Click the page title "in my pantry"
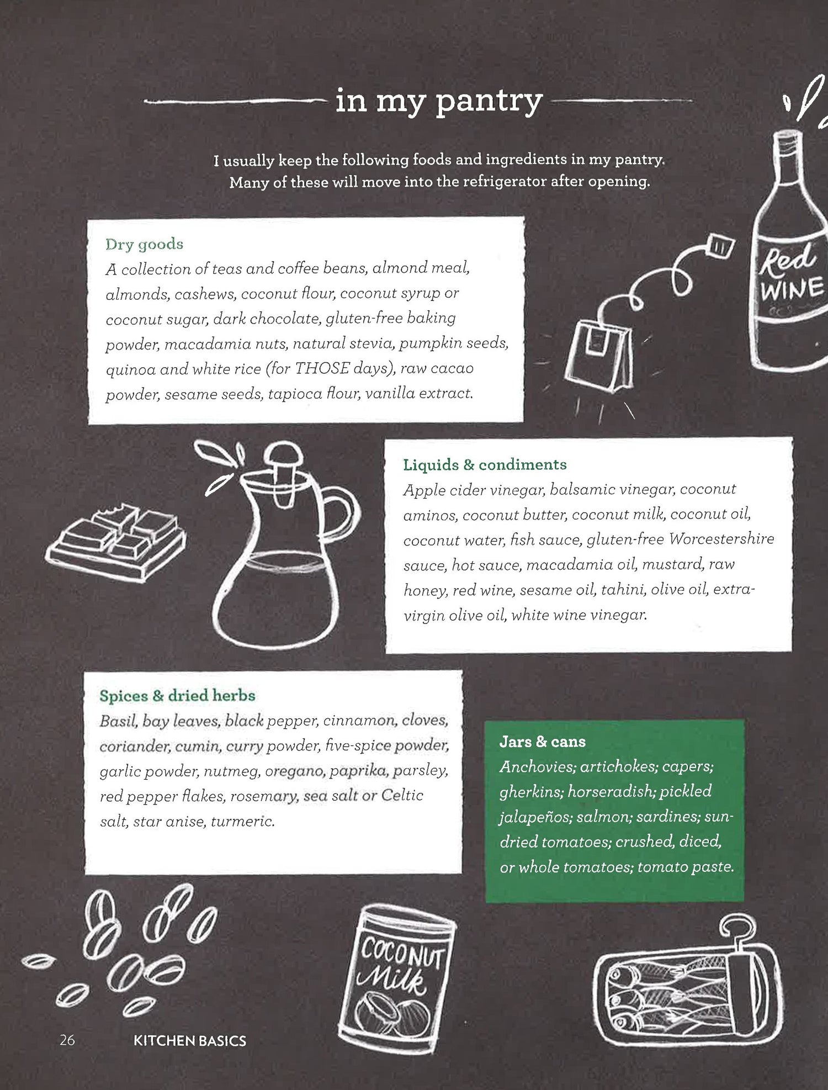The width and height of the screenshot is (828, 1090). click(x=439, y=102)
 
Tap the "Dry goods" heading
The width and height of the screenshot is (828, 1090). click(x=144, y=244)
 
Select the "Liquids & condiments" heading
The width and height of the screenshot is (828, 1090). click(x=485, y=464)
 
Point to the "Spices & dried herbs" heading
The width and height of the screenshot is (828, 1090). click(x=177, y=695)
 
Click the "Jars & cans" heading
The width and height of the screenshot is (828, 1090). click(x=542, y=742)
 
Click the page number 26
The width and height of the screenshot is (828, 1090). click(x=67, y=1040)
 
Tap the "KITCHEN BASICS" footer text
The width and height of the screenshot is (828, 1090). click(x=190, y=1041)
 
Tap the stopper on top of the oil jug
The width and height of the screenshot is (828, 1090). click(x=283, y=462)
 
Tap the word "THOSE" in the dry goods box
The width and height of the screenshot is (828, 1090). click(x=322, y=368)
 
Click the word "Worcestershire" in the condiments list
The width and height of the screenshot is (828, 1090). click(x=721, y=538)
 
